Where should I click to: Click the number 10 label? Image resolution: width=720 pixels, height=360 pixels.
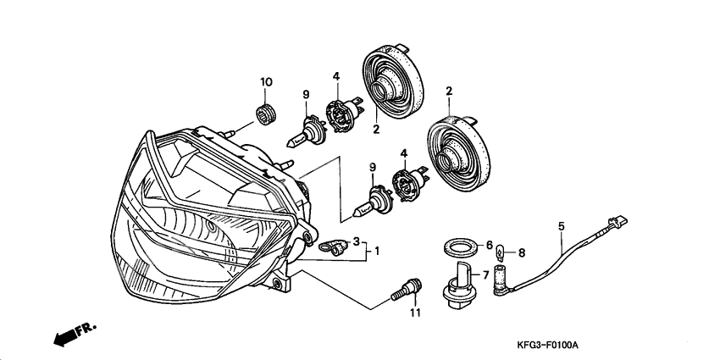point(266,82)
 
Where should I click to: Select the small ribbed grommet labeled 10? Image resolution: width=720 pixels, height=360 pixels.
point(267,112)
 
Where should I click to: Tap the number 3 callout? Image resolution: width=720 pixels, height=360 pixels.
point(357,241)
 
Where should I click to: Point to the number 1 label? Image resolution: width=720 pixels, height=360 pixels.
point(377,252)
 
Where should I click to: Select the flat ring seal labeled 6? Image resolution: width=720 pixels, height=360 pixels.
point(459,247)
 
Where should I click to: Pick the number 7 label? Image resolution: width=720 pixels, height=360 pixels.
point(485,274)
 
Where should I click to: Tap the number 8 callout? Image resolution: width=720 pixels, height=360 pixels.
point(521,252)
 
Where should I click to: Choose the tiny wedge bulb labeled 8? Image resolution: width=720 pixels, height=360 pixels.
point(503,251)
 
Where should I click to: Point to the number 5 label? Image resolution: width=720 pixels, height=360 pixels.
point(560,226)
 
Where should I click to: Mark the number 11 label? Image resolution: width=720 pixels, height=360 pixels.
point(415,314)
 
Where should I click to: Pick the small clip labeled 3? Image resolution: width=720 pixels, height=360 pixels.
point(332,247)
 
